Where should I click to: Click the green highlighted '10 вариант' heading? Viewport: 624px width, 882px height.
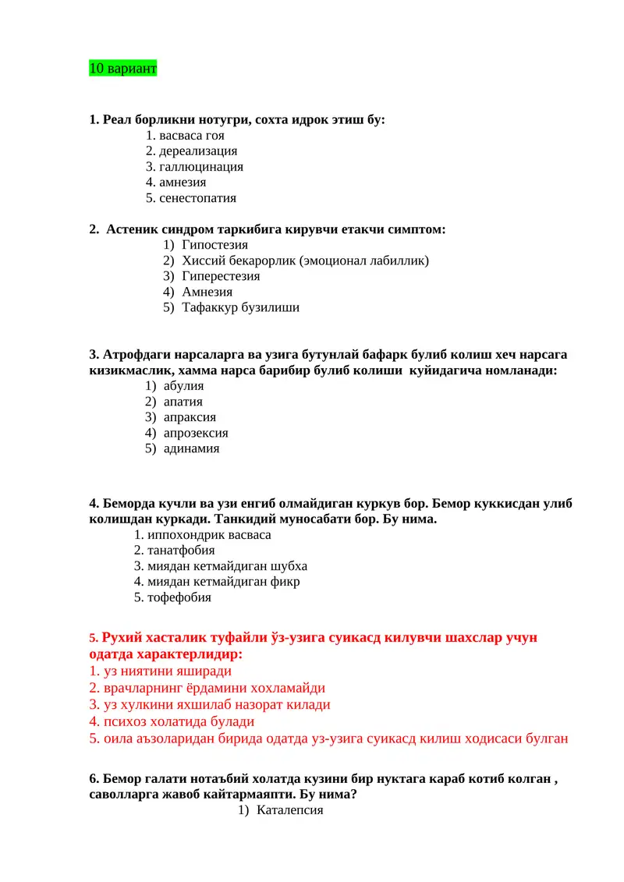[x=123, y=69]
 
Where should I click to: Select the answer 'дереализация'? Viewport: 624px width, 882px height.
[x=198, y=151]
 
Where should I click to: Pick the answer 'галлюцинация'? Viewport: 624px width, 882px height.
[x=201, y=167]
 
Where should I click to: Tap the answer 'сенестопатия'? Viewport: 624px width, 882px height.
[x=197, y=198]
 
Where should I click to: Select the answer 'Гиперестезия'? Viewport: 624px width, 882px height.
[x=221, y=276]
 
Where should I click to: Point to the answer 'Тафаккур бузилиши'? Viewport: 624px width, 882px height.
[x=240, y=307]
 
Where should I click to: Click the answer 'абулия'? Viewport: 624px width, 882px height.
[x=183, y=386]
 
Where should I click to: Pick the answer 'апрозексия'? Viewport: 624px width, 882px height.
[x=196, y=433]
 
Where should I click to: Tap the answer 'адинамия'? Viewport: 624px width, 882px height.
[x=191, y=448]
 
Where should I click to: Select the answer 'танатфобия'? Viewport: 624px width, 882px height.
[x=181, y=551]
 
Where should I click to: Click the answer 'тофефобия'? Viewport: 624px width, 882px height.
[x=179, y=597]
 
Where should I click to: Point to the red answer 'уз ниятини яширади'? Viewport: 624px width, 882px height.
[x=167, y=671]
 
